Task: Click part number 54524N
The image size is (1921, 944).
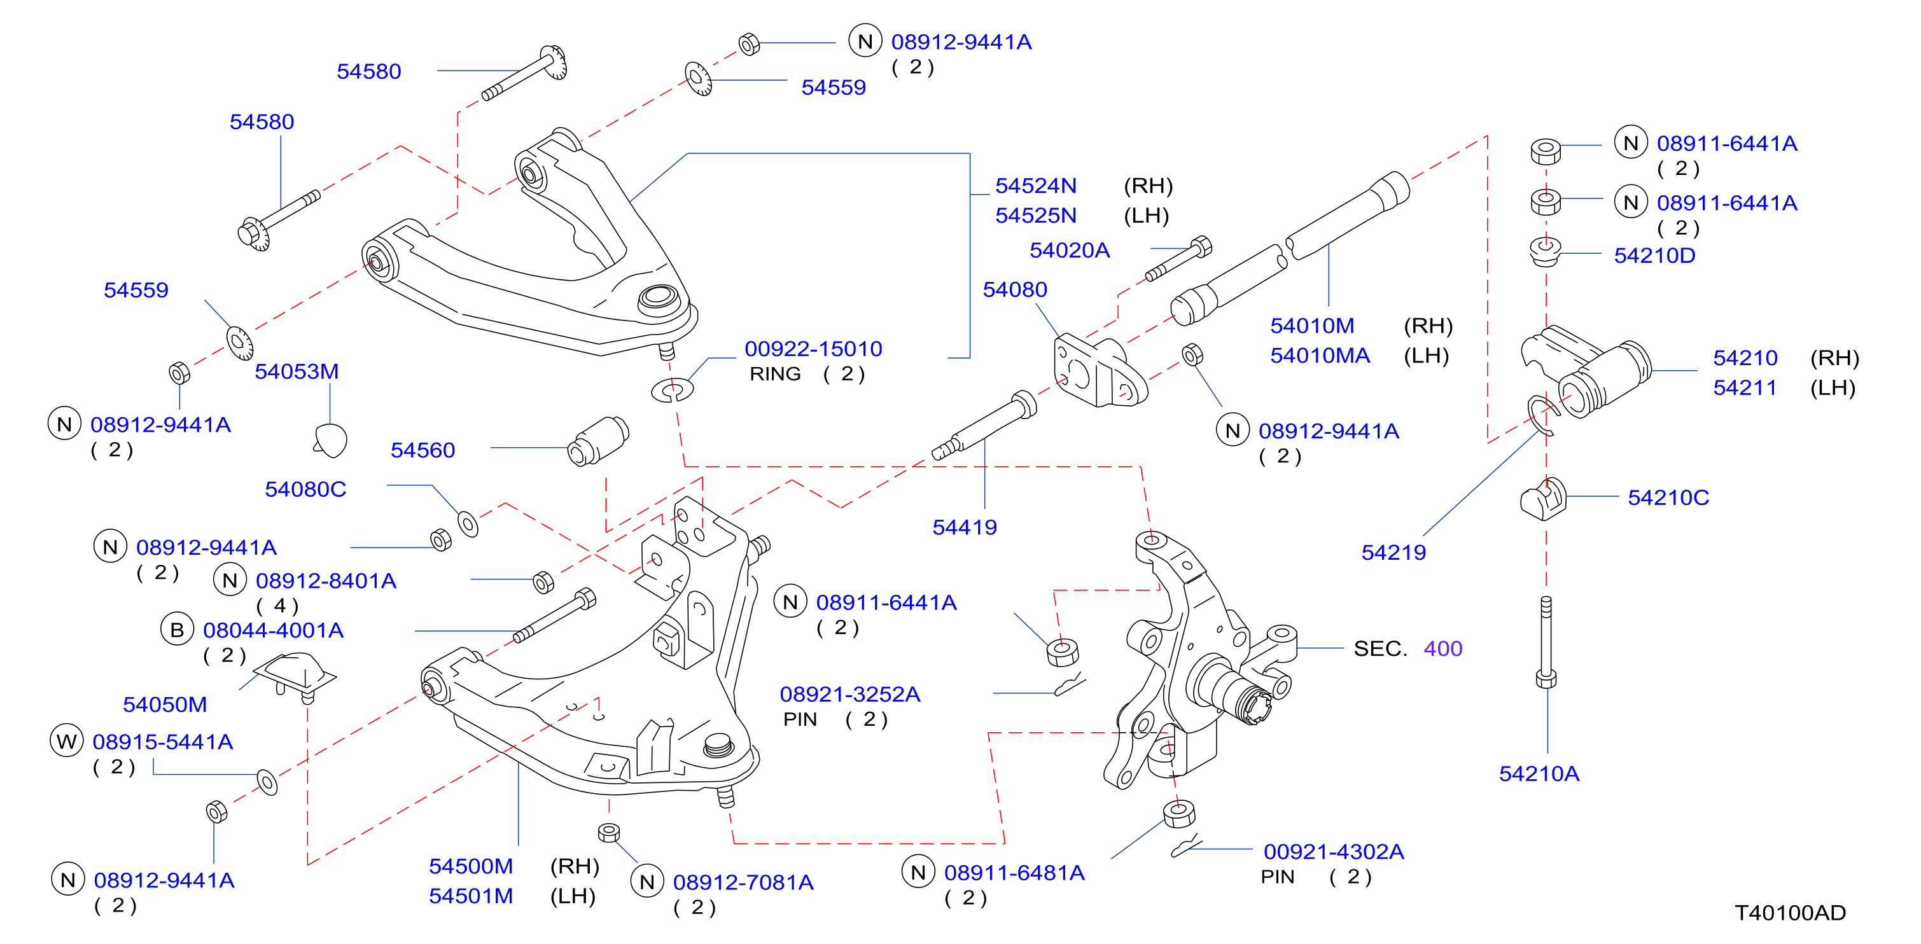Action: point(1036,186)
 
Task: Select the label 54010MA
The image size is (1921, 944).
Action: point(1320,356)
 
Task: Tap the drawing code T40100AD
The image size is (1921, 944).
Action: point(1790,913)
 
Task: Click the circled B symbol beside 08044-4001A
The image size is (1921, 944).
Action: point(177,630)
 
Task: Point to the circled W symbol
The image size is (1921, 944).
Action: point(66,741)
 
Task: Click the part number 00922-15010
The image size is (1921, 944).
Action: point(813,349)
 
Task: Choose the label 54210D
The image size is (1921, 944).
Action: point(1654,256)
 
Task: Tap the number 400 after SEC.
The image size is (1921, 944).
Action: point(1443,649)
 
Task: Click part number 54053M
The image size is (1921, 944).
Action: point(297,371)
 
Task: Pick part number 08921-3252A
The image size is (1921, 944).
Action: point(849,694)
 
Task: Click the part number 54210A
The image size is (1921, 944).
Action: point(1539,774)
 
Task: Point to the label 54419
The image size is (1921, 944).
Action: point(964,527)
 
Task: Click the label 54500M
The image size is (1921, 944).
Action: point(471,866)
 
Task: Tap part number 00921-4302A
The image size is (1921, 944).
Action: point(1333,852)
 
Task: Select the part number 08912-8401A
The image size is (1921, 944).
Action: point(326,581)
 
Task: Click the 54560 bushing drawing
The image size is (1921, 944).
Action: point(598,441)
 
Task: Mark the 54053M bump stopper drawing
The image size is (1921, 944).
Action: point(330,440)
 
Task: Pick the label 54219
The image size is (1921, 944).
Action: point(1393,553)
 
